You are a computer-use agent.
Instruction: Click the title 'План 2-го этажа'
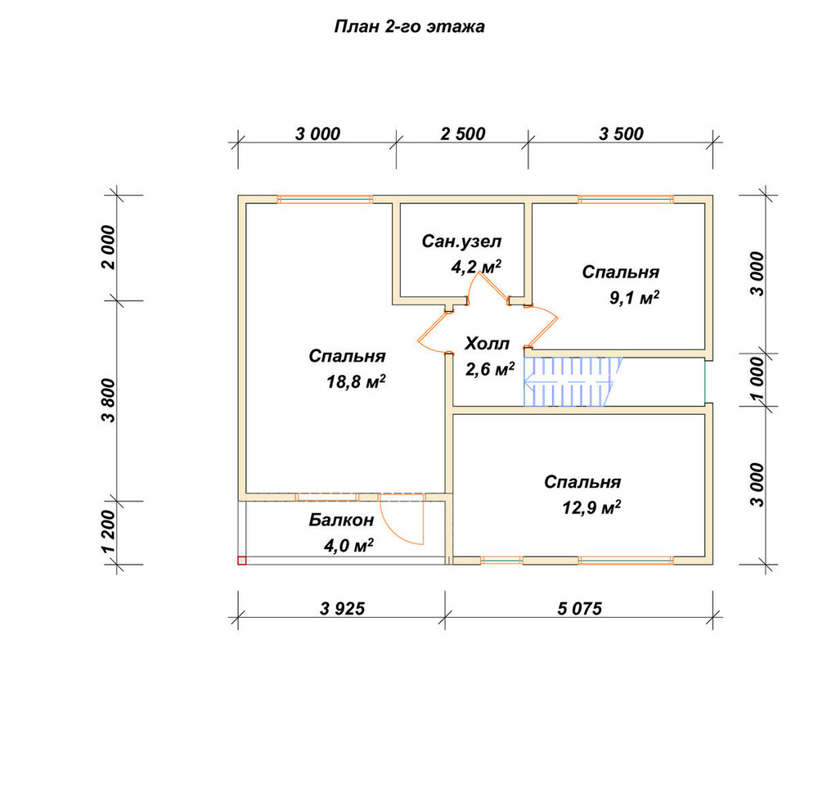[x=410, y=27]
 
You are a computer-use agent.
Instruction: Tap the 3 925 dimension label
[x=343, y=608]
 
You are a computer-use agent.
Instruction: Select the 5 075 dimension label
[x=580, y=608]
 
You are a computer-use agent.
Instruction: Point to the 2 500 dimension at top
[x=463, y=134]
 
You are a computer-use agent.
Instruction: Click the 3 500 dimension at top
[x=621, y=134]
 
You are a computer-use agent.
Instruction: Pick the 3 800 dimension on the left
[x=109, y=400]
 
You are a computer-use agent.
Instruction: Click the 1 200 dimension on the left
[x=109, y=532]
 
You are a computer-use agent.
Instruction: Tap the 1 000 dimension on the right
[x=757, y=380]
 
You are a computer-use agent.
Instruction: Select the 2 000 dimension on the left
[x=109, y=247]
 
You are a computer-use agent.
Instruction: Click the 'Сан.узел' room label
[x=461, y=241]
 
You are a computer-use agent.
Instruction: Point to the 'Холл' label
[x=487, y=344]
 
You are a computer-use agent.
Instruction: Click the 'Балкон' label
[x=342, y=520]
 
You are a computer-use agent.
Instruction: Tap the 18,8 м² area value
[x=356, y=382]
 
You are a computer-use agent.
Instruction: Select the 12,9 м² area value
[x=591, y=507]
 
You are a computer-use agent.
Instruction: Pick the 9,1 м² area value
[x=635, y=298]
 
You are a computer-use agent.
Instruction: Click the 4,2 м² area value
[x=476, y=267]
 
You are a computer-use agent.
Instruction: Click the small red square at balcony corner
[x=242, y=561]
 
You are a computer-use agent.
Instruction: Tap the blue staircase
[x=573, y=382]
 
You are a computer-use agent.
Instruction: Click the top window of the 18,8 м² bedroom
[x=325, y=200]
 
